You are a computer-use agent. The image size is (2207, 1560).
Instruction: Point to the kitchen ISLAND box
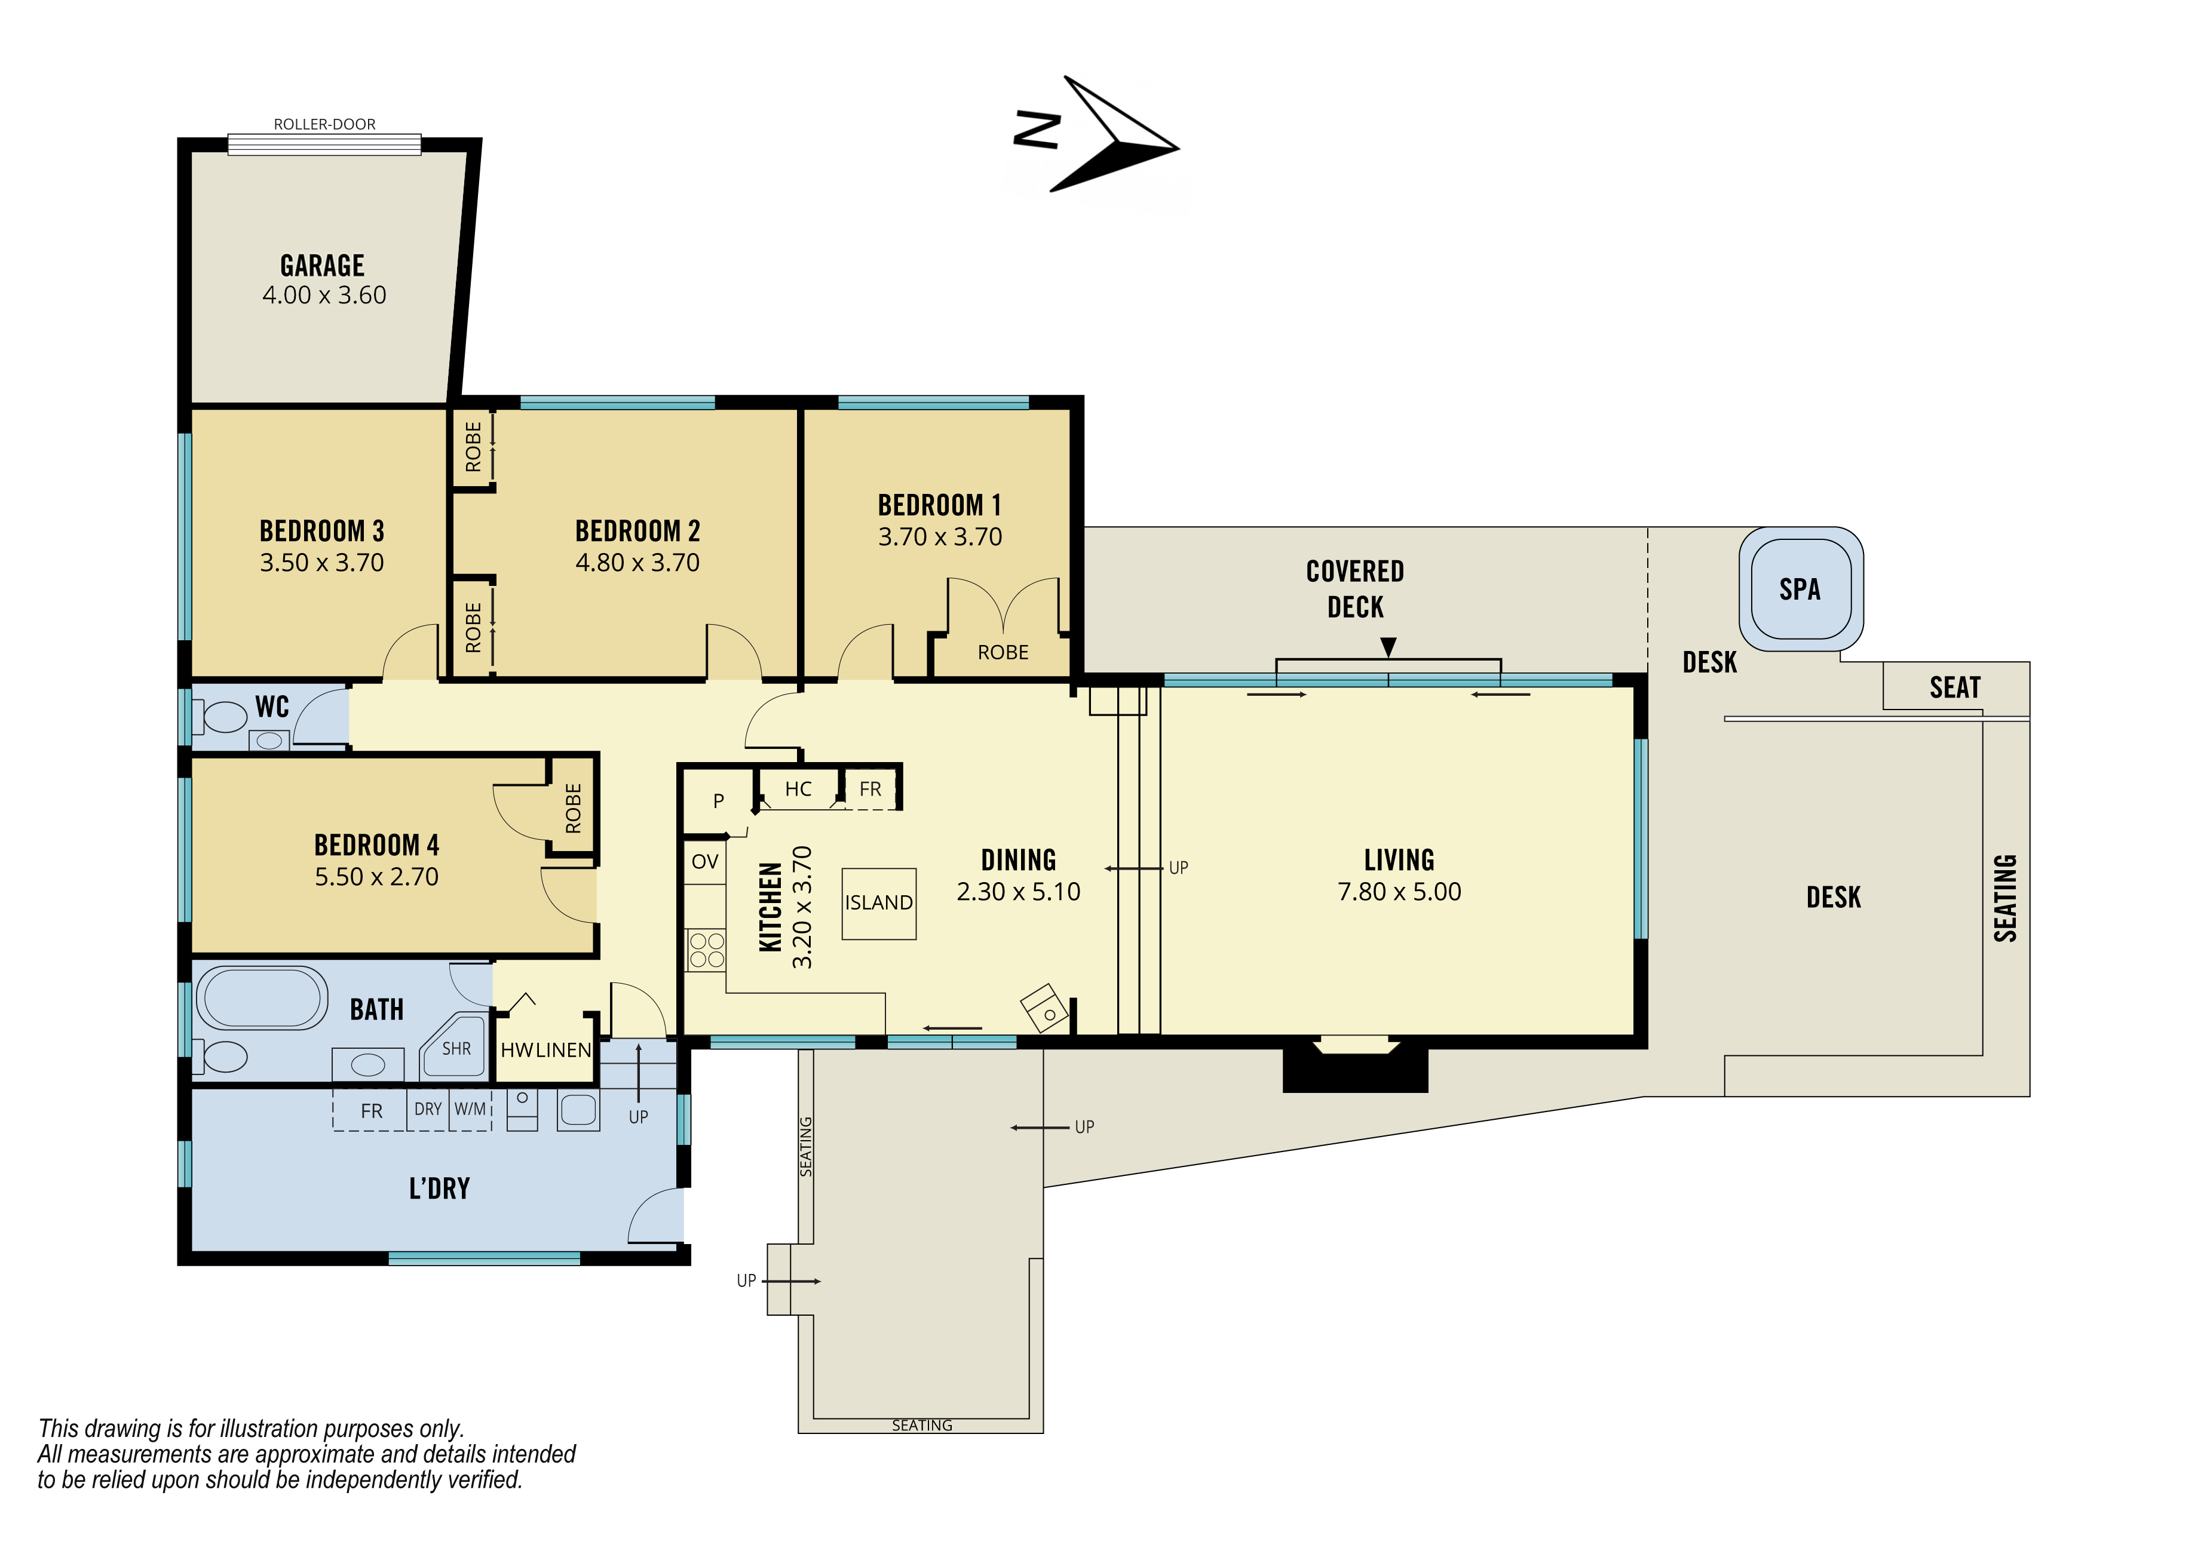(879, 904)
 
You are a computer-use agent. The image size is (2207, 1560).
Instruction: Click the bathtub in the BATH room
(262, 999)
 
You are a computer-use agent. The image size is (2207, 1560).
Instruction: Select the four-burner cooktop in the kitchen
(707, 950)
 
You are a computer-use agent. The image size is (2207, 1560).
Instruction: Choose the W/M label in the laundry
(470, 1108)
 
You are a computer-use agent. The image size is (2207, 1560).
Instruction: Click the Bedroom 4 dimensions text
(377, 877)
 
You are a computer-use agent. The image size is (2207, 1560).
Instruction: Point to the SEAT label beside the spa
(1955, 687)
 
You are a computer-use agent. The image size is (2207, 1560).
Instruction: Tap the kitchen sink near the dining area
(1044, 1008)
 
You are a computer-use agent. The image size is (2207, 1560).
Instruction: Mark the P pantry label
(718, 801)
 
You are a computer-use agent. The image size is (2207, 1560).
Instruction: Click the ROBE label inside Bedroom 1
(1003, 653)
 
